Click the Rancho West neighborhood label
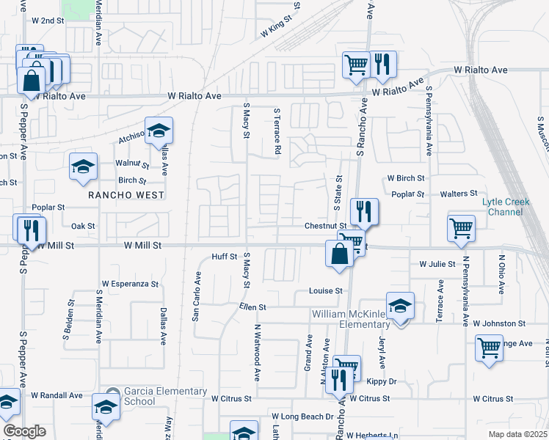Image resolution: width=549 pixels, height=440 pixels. (x=126, y=195)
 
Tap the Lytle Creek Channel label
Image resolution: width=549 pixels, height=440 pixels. (x=502, y=207)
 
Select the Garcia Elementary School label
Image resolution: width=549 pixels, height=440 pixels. (x=139, y=397)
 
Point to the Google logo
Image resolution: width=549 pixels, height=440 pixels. (x=24, y=430)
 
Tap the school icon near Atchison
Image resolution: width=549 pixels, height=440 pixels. (x=159, y=131)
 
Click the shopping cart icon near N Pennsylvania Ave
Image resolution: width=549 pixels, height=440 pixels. (x=461, y=228)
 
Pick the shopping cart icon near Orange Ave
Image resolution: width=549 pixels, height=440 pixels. (x=489, y=349)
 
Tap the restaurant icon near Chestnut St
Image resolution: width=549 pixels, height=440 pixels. (x=364, y=213)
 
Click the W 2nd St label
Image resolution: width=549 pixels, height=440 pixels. (x=48, y=21)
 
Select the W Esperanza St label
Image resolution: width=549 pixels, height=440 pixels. (x=130, y=284)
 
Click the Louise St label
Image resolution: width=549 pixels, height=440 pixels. (x=326, y=290)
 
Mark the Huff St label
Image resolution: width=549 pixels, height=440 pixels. (x=224, y=257)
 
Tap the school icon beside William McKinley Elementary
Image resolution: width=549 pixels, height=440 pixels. (x=401, y=307)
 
